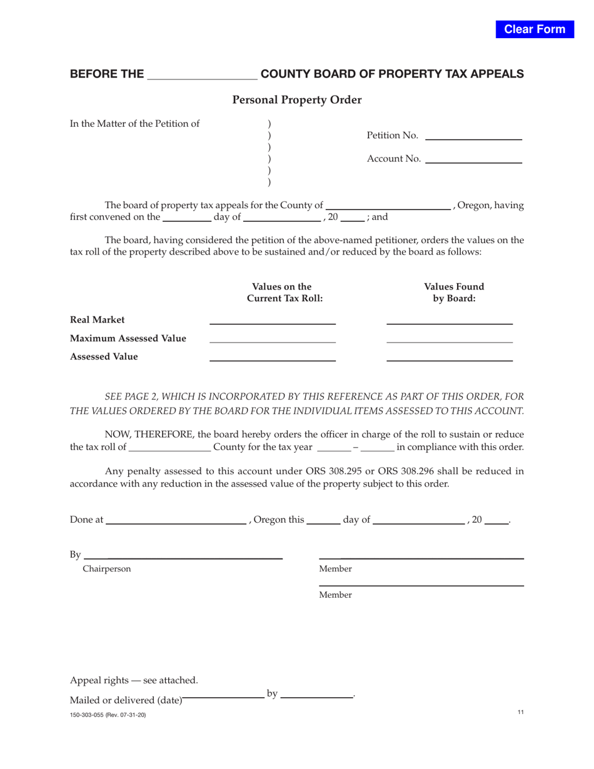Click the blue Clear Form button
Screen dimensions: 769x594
(535, 29)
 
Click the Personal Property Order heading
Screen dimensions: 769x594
(297, 99)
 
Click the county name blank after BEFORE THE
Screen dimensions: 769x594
(202, 74)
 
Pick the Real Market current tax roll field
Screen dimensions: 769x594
(272, 319)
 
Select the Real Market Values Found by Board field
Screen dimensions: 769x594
(450, 319)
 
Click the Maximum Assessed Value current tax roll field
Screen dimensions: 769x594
(272, 338)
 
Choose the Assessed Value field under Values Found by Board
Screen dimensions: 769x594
(450, 356)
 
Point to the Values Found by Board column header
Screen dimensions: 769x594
(454, 293)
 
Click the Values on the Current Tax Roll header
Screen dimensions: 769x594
(285, 293)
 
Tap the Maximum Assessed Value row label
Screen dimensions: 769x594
(128, 338)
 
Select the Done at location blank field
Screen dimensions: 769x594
(176, 520)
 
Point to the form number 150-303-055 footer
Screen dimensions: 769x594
(108, 715)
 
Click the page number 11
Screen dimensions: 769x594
(520, 712)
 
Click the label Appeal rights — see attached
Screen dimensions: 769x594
(134, 680)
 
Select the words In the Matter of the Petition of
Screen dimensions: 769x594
(135, 123)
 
